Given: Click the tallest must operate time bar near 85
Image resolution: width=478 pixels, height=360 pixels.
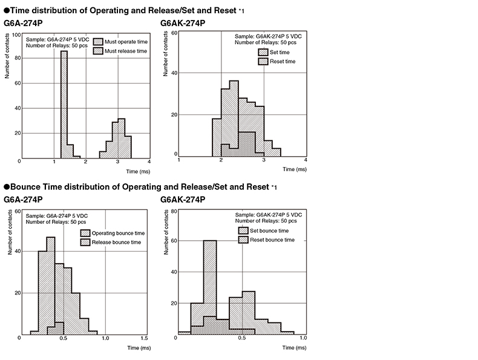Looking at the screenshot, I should [64, 103].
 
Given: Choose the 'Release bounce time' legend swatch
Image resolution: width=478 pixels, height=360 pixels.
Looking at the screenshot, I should [83, 243].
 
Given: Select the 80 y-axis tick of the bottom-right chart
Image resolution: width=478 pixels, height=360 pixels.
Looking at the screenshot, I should [174, 212].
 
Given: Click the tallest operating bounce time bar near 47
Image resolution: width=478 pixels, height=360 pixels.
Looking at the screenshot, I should [51, 284].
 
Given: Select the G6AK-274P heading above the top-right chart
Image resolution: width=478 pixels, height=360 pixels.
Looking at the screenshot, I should [183, 23].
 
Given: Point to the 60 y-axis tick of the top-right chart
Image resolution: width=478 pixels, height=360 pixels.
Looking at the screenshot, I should [174, 33].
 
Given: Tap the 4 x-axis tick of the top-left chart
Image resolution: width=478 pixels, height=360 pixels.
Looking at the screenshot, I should [148, 162].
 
